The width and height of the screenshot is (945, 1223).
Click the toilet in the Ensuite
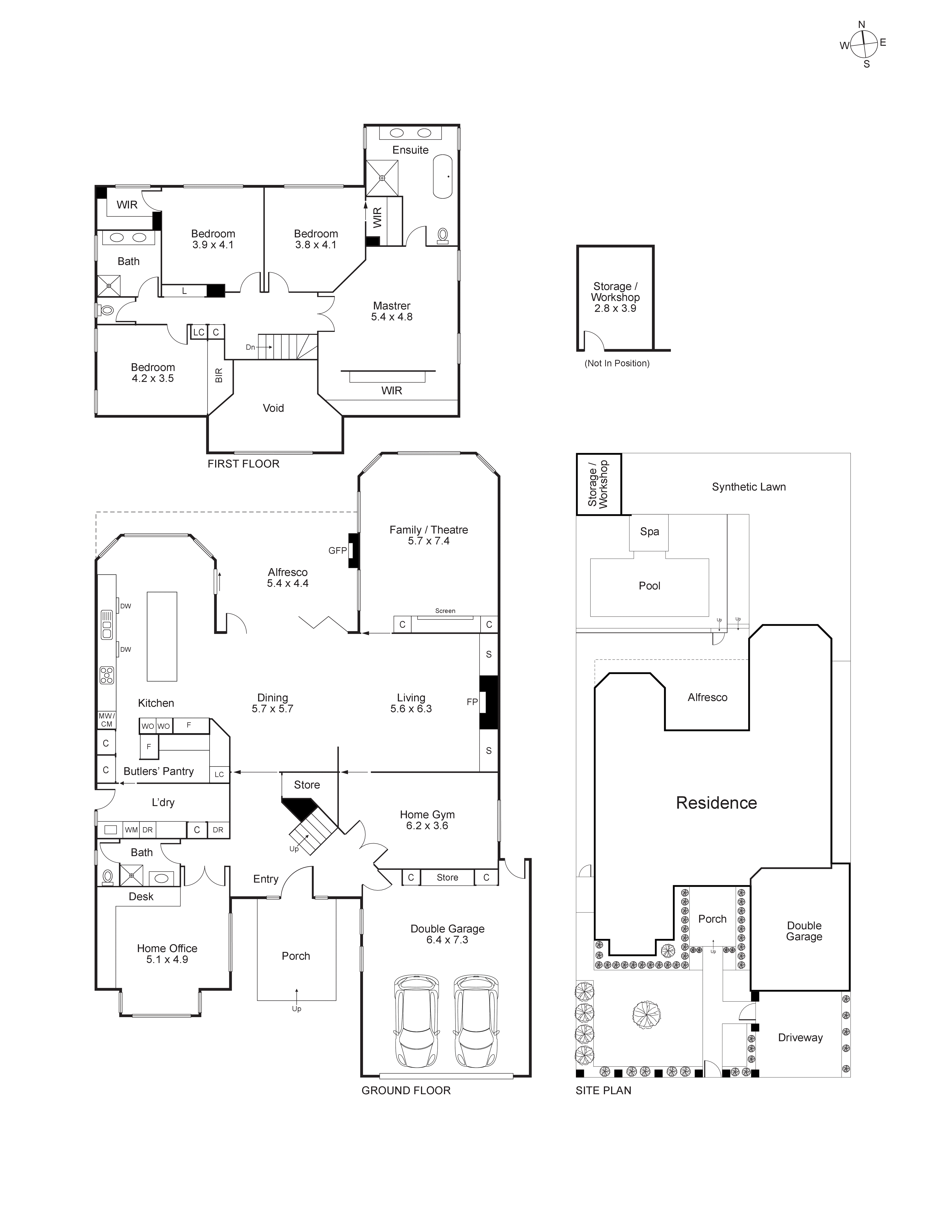click(x=442, y=235)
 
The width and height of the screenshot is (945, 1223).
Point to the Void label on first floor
click(x=273, y=408)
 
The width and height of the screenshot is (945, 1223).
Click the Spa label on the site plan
click(x=649, y=531)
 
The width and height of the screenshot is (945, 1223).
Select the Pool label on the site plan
click(x=649, y=586)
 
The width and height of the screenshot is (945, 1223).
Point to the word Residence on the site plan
click(x=716, y=802)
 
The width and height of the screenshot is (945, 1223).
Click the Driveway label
click(x=800, y=1038)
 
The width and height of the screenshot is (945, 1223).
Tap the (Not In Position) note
click(x=617, y=363)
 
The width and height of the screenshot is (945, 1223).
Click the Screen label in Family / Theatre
click(x=445, y=611)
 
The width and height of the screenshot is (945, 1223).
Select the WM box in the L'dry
click(x=131, y=830)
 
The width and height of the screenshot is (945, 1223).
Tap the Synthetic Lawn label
click(x=749, y=487)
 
